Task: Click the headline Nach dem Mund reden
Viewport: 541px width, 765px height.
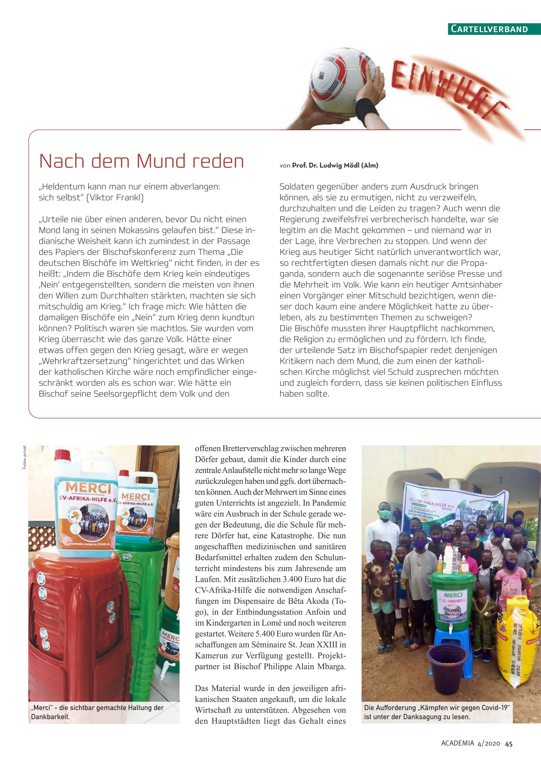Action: [141, 161]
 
